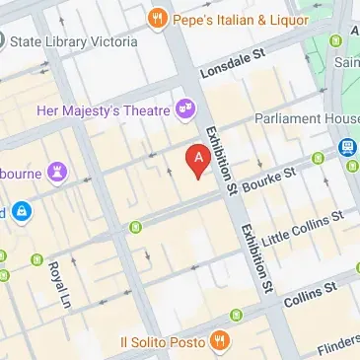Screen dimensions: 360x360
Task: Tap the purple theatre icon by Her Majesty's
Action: coord(184,108)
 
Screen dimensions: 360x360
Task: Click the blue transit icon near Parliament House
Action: coord(348,146)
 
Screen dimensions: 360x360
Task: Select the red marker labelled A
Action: coord(199,161)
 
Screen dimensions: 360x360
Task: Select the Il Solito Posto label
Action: coord(162,341)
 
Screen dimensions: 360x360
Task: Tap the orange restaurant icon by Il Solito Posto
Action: coord(221,341)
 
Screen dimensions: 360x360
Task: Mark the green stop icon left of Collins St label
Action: coord(237,316)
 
